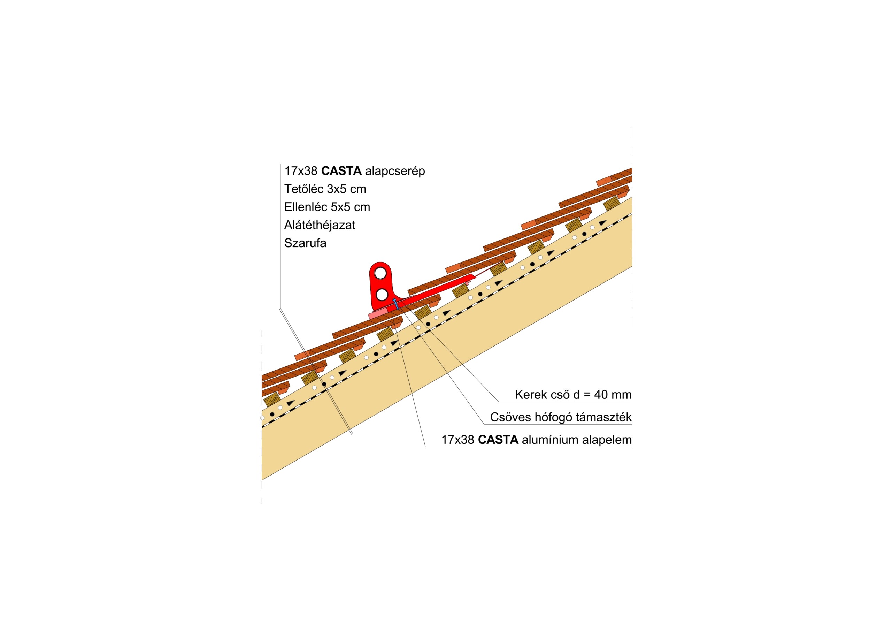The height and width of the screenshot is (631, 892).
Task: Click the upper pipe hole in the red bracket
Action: pos(380,274)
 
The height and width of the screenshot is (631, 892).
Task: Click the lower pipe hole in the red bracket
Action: pos(382,295)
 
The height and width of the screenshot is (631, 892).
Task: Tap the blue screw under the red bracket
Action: pos(396,304)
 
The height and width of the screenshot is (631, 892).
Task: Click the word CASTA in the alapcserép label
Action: pos(341,171)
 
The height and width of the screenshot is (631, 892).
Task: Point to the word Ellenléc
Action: pos(306,207)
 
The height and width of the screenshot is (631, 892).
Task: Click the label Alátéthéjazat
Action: pos(320,225)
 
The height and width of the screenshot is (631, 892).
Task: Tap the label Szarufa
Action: pos(305,243)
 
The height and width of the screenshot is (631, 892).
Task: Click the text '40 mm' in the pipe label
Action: pos(613,395)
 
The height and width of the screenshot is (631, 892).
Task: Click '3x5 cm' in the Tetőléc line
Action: pos(347,189)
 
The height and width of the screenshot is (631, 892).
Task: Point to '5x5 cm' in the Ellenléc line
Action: pos(351,207)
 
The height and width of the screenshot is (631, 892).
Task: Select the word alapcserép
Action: pos(395,172)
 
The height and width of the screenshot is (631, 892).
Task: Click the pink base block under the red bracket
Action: pos(378,314)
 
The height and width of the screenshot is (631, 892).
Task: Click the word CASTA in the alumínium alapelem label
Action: pos(498,440)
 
